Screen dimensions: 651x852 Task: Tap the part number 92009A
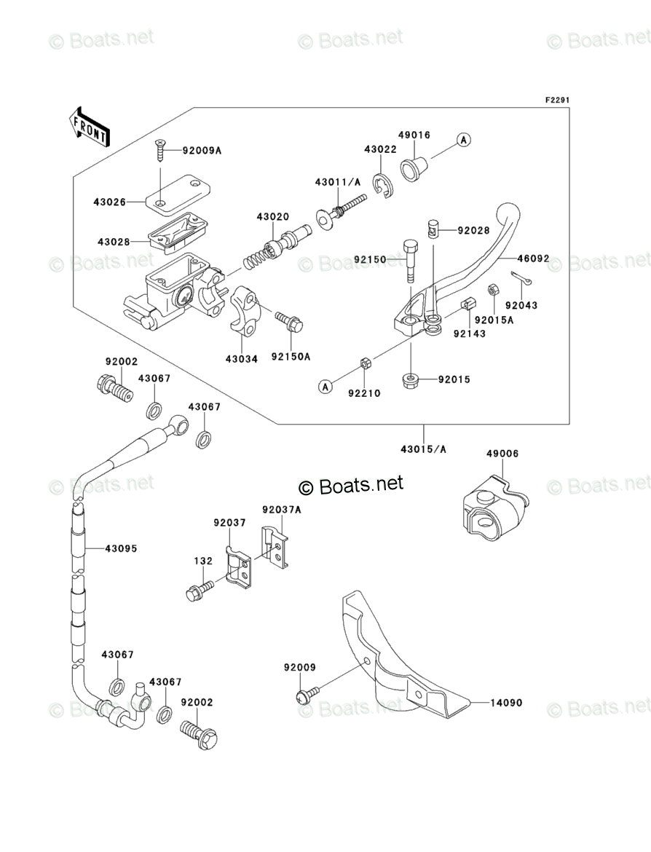tap(202, 151)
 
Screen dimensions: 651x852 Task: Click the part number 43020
tap(273, 217)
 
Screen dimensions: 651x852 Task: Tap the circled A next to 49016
tap(463, 140)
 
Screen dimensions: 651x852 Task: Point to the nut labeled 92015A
tap(492, 290)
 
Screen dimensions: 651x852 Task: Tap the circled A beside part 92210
tap(325, 387)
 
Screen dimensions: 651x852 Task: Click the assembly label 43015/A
tap(423, 449)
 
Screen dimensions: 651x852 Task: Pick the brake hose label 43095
tap(121, 549)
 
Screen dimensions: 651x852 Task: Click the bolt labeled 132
tap(200, 590)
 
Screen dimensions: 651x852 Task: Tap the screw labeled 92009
tap(307, 695)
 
